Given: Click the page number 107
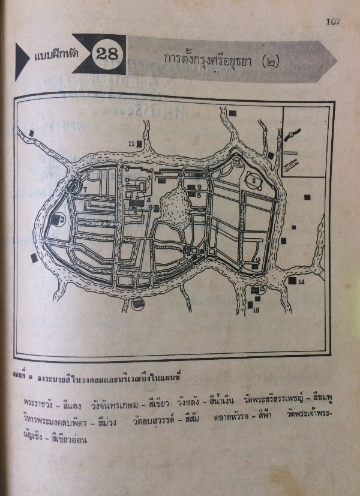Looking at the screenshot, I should [x=333, y=22].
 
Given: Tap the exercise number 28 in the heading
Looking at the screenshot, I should [x=108, y=53].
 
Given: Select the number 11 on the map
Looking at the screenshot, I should [x=131, y=143].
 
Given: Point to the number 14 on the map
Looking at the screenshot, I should [x=301, y=281].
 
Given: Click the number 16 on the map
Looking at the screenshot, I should [x=256, y=310].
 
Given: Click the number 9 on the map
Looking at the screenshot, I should [x=199, y=187].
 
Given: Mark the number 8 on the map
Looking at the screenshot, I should [x=199, y=195].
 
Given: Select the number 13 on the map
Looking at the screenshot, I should [x=256, y=260].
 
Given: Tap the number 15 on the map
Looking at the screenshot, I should [x=262, y=289].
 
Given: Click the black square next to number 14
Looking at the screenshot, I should [x=292, y=281].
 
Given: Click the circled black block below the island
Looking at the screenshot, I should [x=139, y=303].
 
